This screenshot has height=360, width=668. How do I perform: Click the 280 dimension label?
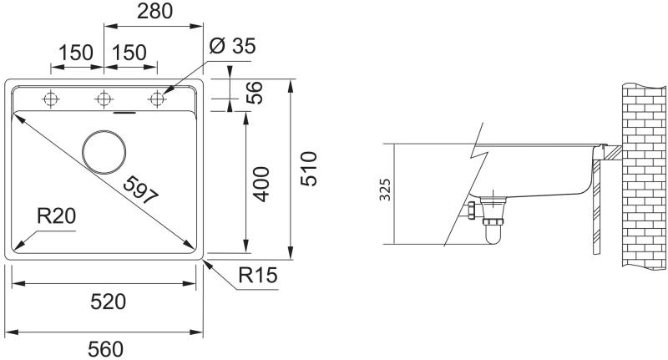(154, 12)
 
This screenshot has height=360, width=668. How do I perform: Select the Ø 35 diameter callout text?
(233, 46)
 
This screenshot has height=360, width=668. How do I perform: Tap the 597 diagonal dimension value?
(140, 190)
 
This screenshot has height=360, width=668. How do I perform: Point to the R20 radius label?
(56, 216)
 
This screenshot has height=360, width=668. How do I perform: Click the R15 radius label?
(258, 275)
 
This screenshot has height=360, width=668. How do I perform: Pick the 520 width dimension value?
(109, 302)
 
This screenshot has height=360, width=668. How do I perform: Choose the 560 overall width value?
(106, 350)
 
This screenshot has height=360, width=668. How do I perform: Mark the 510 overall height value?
(309, 169)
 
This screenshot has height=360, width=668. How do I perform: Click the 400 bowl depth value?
(261, 184)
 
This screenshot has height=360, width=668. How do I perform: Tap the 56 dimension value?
(255, 93)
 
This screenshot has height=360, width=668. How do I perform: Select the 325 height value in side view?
(385, 190)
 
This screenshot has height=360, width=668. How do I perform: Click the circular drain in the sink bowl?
(104, 152)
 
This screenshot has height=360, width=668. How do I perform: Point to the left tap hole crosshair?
(51, 99)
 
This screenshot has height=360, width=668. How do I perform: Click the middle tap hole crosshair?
(104, 99)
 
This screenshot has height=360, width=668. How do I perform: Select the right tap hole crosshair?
(157, 99)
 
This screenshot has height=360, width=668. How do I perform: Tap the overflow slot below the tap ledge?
(124, 114)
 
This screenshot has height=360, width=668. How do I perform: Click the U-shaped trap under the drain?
(493, 234)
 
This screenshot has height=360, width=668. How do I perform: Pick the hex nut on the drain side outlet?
(472, 210)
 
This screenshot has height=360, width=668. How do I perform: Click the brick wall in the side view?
(644, 176)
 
